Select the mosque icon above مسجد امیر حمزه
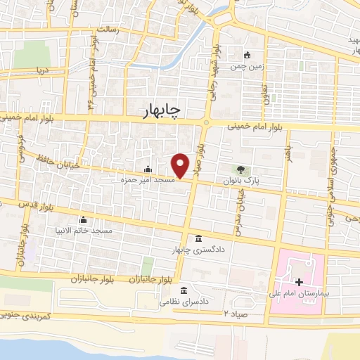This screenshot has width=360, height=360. [148, 169]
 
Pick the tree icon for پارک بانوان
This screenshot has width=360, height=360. [241, 169]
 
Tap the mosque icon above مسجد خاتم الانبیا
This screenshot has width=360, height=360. [84, 219]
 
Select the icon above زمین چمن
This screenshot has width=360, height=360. [247, 56]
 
